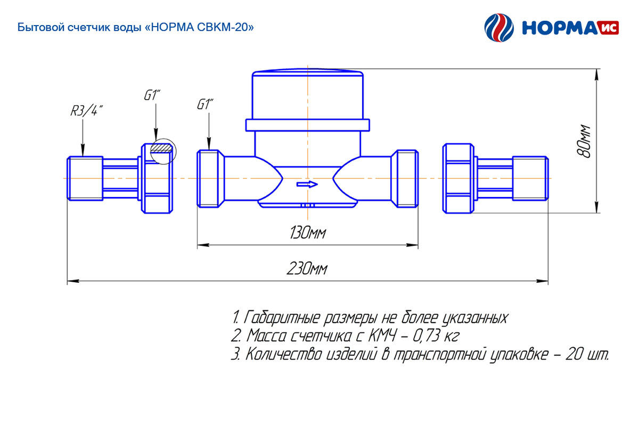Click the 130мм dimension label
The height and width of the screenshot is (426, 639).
(308, 233)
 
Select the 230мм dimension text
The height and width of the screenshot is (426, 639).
(307, 269)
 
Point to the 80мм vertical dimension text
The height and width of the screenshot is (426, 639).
(584, 141)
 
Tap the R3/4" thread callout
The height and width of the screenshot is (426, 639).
(86, 111)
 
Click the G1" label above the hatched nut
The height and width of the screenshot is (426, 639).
(152, 95)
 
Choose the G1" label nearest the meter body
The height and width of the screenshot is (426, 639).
(205, 104)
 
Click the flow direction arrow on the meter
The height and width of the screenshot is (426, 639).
(307, 184)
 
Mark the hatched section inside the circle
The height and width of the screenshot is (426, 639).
(161, 148)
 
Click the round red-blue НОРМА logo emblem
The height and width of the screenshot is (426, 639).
(499, 28)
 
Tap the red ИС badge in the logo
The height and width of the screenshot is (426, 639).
(609, 28)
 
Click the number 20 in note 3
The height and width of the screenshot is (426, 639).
(574, 355)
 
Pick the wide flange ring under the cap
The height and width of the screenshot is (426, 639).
(308, 125)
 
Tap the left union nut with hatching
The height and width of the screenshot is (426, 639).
(157, 178)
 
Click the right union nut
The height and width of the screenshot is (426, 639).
(458, 178)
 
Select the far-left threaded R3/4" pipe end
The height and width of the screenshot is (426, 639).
(85, 178)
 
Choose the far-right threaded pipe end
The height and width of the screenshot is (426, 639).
(530, 178)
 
